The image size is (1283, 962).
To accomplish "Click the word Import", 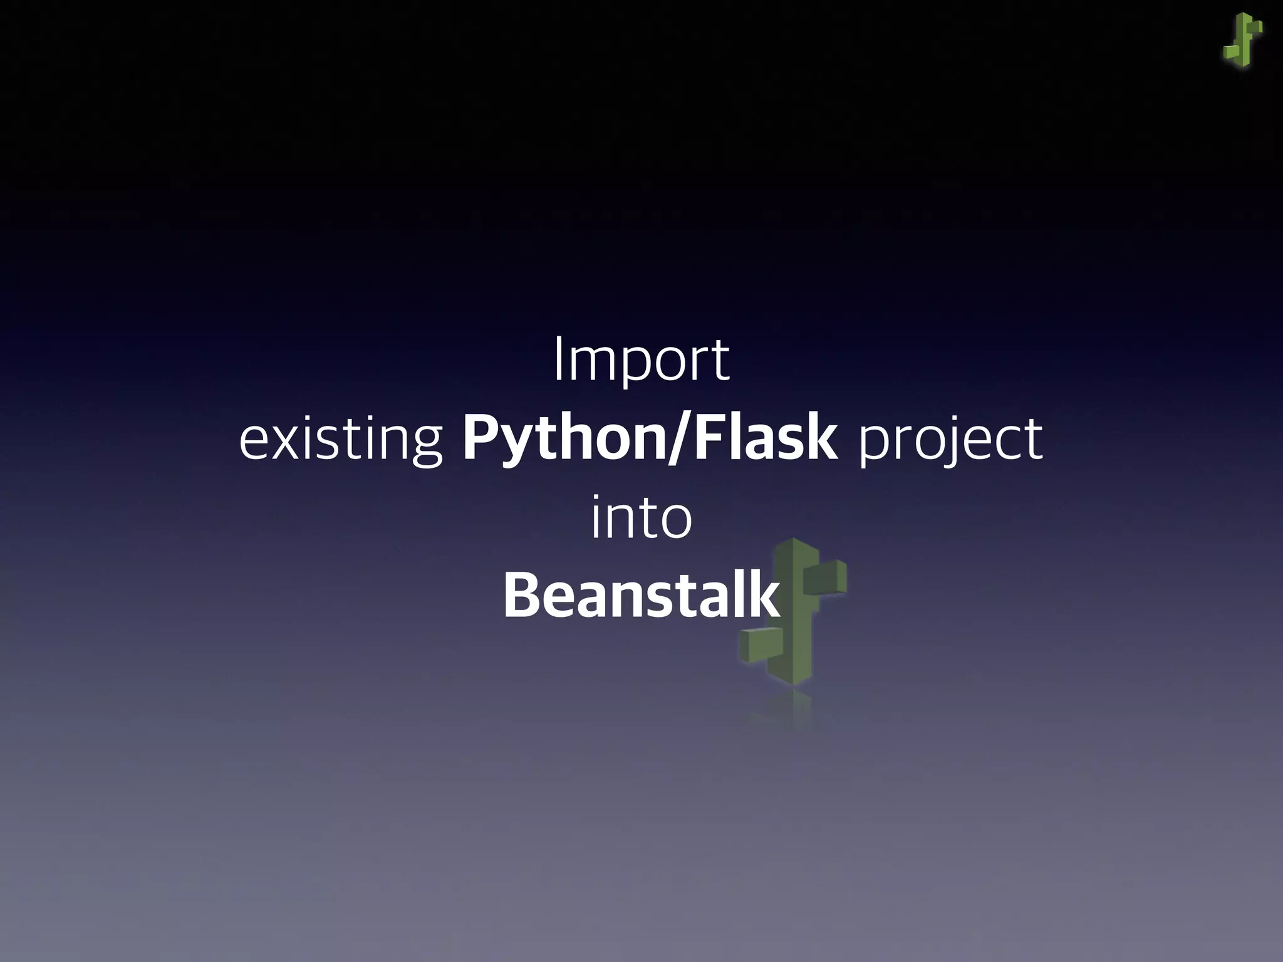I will pos(641,360).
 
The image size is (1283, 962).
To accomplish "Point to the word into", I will pos(641,519).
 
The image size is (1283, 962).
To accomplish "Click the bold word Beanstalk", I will pos(641,595).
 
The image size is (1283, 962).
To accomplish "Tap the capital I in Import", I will pos(558,359).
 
